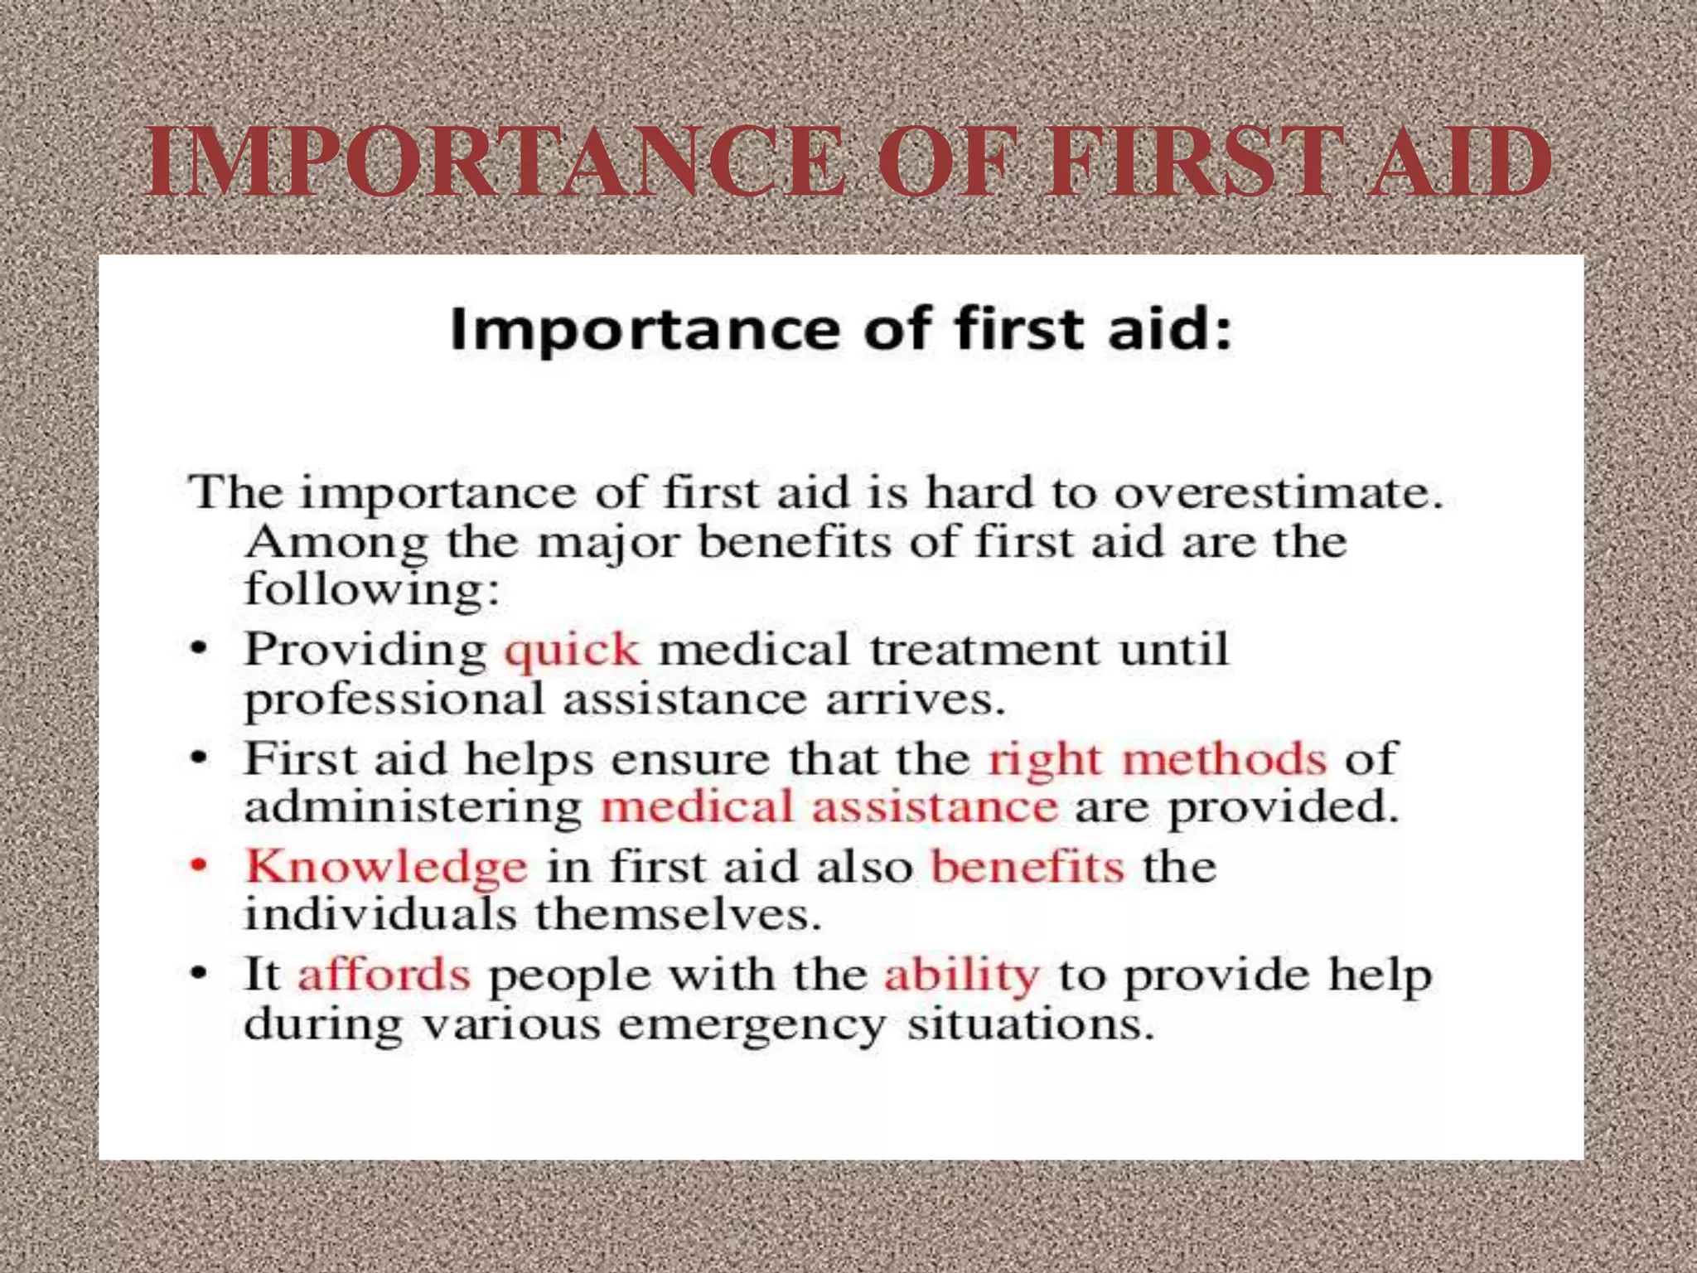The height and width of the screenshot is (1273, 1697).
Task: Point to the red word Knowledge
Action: pos(386,868)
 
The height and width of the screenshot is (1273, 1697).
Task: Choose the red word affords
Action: pos(384,975)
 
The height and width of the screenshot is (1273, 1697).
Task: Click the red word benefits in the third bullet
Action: pos(1027,867)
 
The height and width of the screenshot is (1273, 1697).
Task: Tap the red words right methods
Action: pos(1157,759)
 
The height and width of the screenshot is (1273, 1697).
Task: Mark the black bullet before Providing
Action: pos(199,649)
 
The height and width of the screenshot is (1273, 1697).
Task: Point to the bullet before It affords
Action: pos(199,974)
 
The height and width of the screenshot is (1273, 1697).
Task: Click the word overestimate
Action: pos(1278,494)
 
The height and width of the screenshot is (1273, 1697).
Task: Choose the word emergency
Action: pos(752,1026)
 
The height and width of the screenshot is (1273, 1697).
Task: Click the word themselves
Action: pos(678,916)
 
